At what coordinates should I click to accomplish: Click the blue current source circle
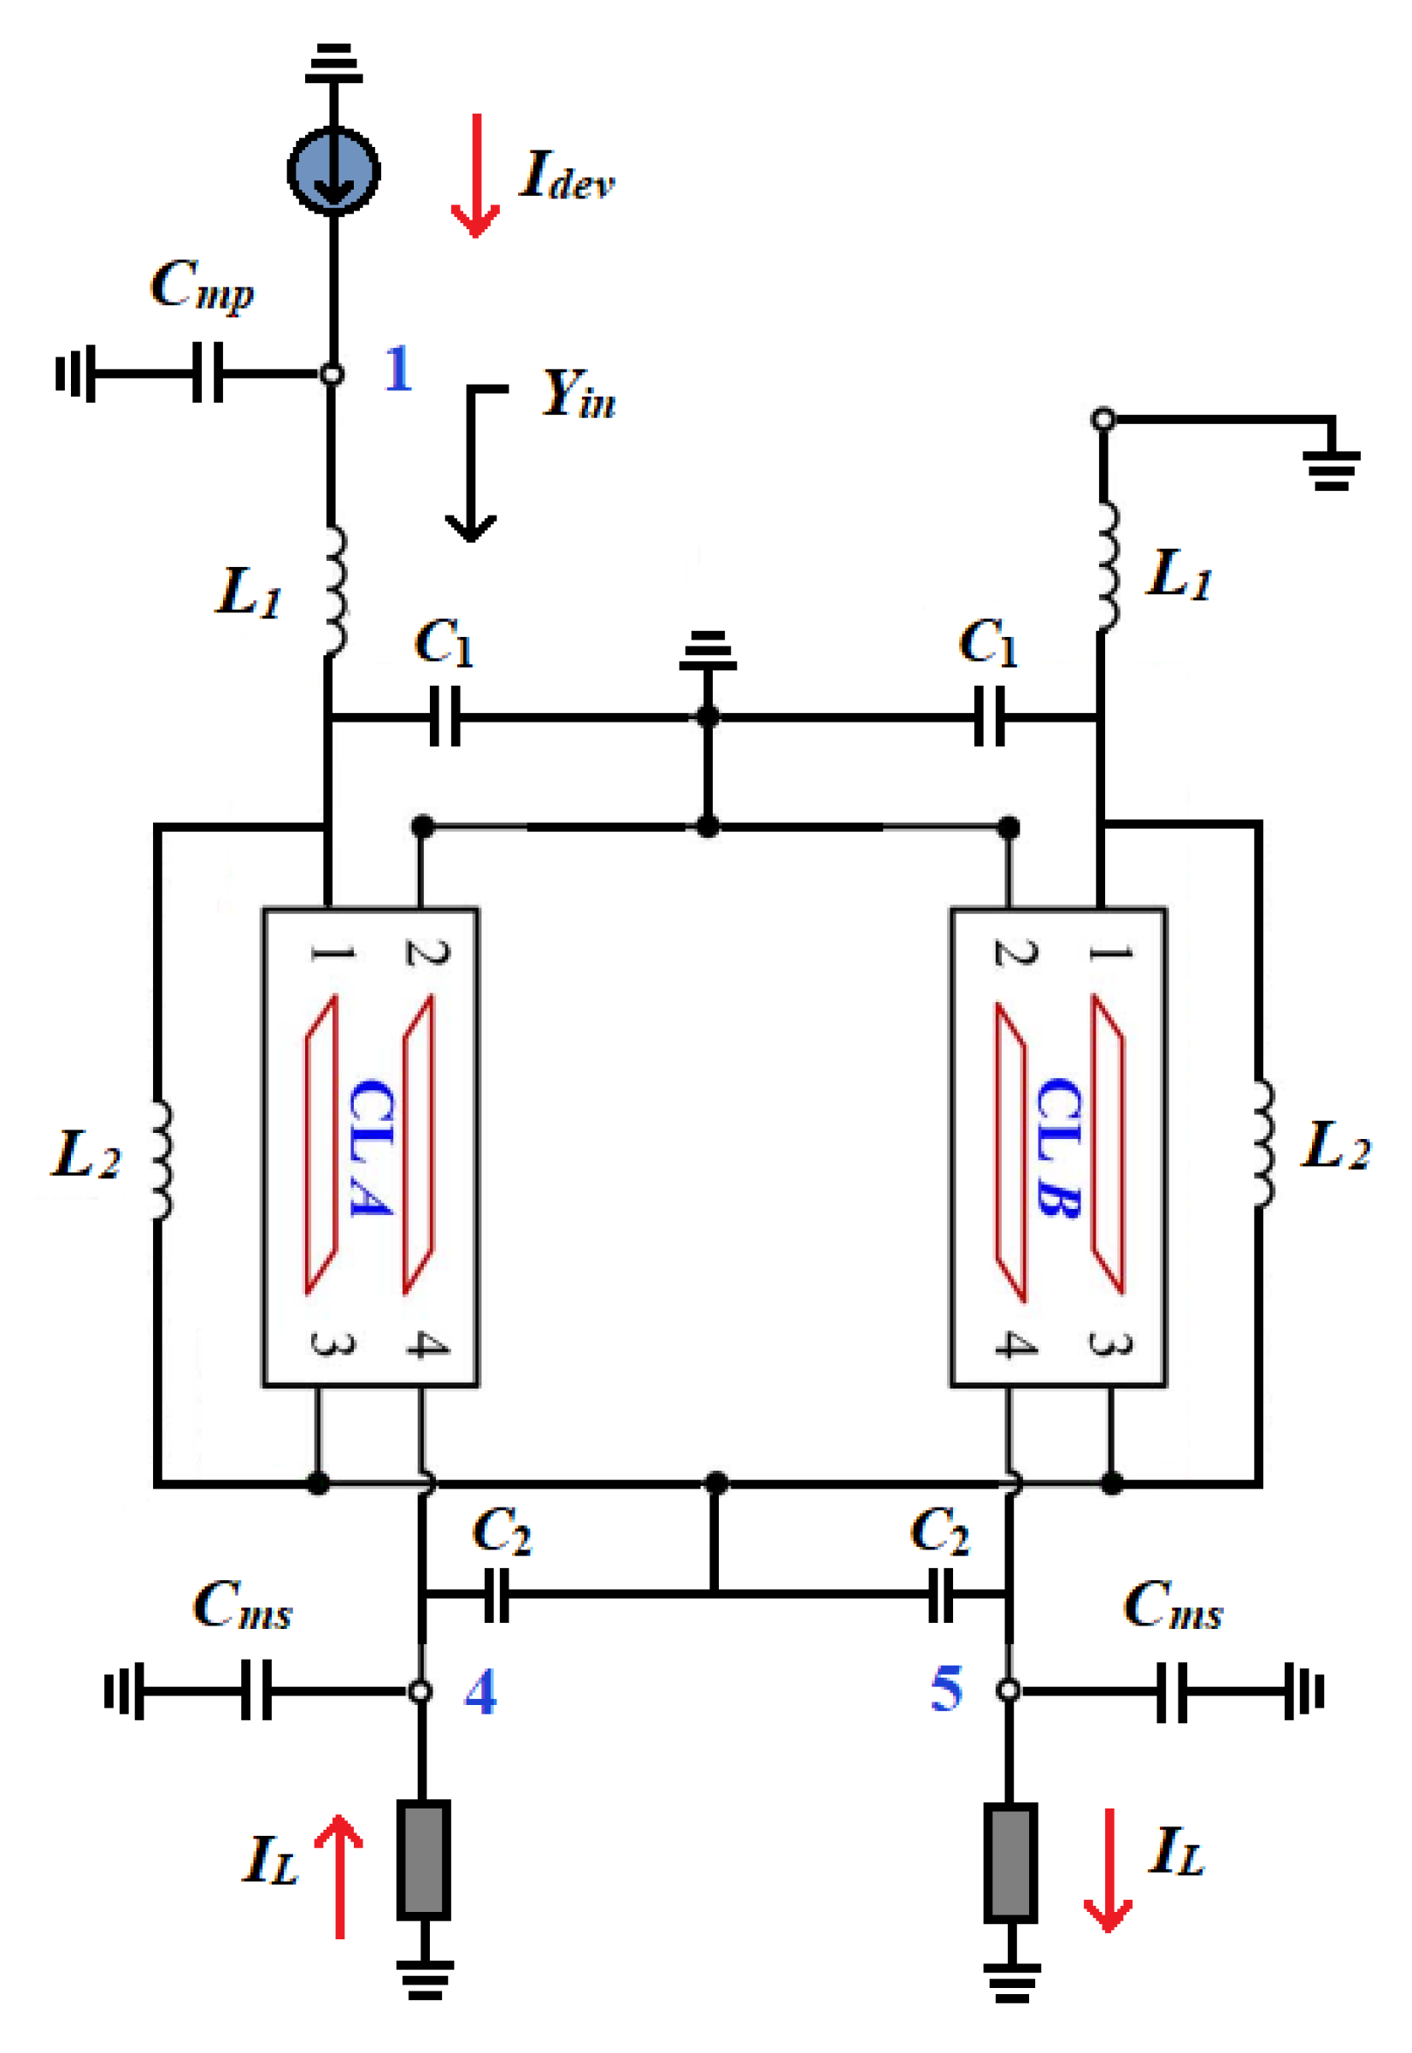pos(333,171)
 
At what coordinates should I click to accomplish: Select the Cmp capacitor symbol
pos(208,373)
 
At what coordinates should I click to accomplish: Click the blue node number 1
pos(398,369)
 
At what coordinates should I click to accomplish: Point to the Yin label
pos(580,393)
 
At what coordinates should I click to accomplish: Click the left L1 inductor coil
pos(334,591)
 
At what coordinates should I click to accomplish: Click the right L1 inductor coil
pos(1108,567)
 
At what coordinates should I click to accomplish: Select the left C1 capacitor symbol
pos(445,716)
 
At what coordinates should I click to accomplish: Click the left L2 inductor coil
pos(161,1160)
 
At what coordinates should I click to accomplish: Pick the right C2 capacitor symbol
pos(940,1595)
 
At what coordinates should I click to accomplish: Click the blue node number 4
pos(480,1692)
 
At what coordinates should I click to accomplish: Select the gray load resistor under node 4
pos(423,1859)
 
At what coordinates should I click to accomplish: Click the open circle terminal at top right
pos(1103,420)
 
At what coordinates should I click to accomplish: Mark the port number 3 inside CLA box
pos(332,1344)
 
